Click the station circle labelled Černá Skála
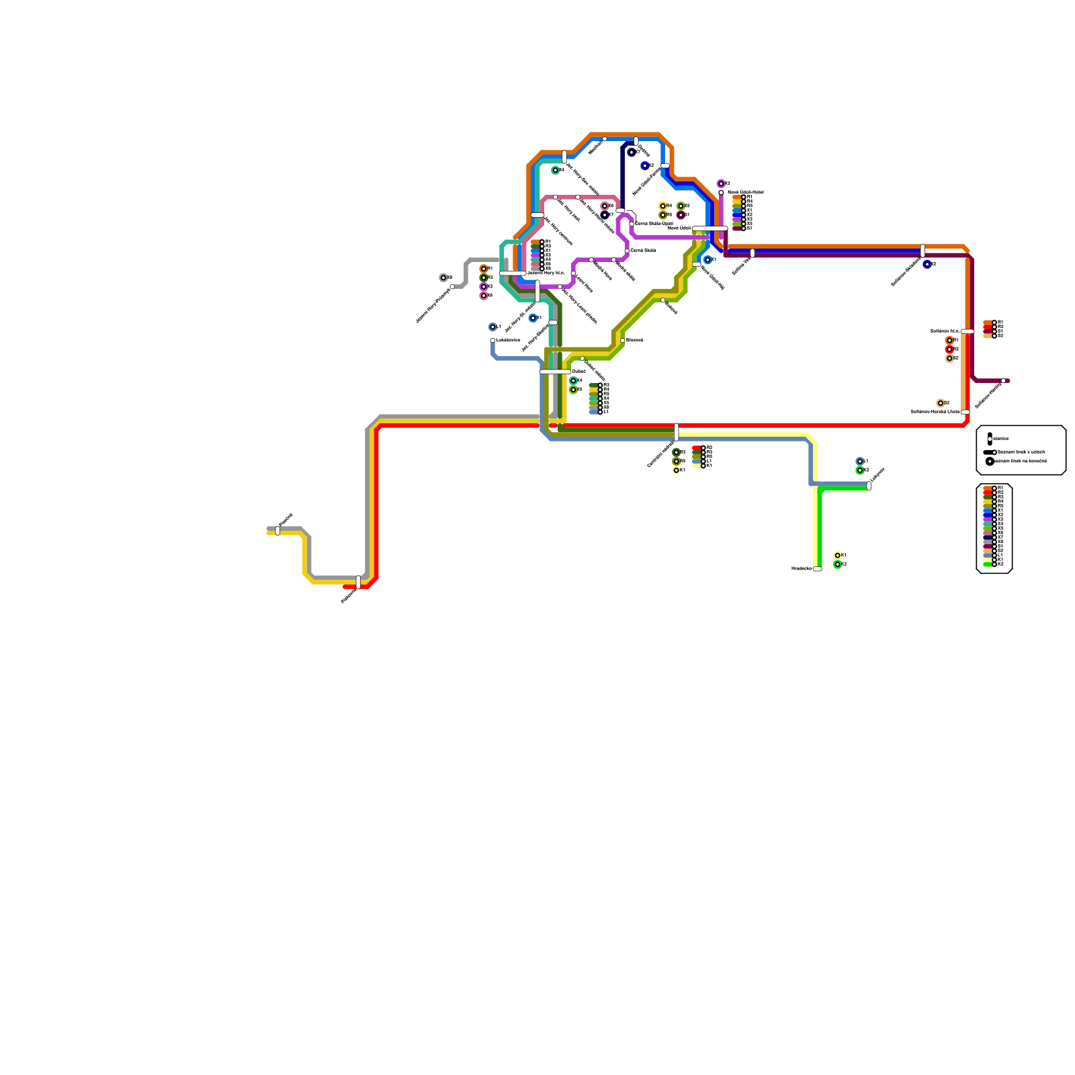point(627,251)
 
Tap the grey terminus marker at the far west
point(443,277)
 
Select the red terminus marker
point(949,349)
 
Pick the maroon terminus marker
point(681,215)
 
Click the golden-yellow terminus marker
point(662,206)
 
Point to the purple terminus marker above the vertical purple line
point(721,183)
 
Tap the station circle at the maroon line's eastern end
point(1003,381)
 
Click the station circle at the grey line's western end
point(452,287)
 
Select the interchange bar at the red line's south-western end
point(358,582)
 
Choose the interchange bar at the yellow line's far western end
point(277,531)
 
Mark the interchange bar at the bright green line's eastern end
point(869,486)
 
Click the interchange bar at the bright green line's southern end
point(817,569)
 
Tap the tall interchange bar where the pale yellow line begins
point(676,432)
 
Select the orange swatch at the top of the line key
point(988,488)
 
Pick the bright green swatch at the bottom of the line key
point(988,564)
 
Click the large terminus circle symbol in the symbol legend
point(990,462)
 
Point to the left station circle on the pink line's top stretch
point(555,197)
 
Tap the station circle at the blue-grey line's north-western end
point(492,341)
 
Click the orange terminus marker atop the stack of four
point(484,269)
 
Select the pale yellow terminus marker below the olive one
point(676,470)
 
